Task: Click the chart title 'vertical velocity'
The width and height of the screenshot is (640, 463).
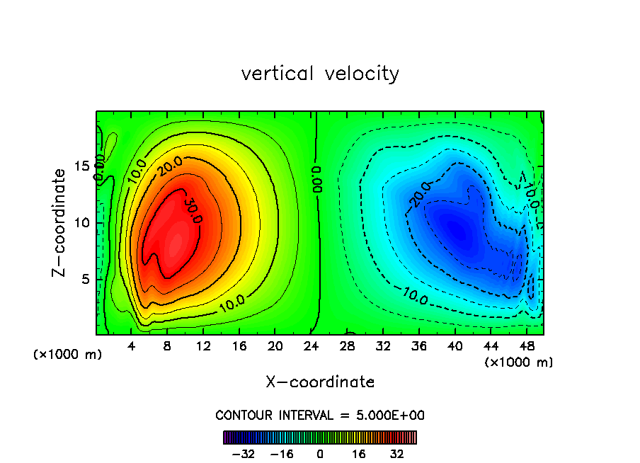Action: coord(320,74)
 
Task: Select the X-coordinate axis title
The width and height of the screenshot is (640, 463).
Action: coord(320,382)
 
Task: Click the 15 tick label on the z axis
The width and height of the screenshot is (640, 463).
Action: coord(82,166)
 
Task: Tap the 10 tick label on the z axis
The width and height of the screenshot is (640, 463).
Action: coord(82,222)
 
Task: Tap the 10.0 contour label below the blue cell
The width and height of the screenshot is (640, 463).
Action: coord(416,296)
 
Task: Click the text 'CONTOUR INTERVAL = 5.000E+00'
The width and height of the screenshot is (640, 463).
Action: coord(320,415)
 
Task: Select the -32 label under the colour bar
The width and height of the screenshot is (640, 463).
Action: coord(243,454)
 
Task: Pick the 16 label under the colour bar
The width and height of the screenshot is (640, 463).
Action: coord(359,454)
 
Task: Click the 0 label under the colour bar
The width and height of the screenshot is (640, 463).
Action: coord(320,454)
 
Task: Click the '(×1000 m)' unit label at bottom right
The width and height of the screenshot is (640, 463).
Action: coord(518,362)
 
